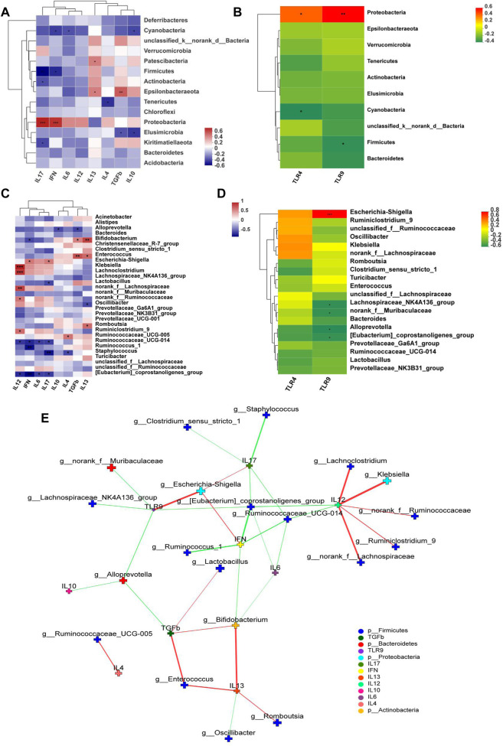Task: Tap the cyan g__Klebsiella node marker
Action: point(387,481)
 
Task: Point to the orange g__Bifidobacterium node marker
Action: point(236,626)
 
